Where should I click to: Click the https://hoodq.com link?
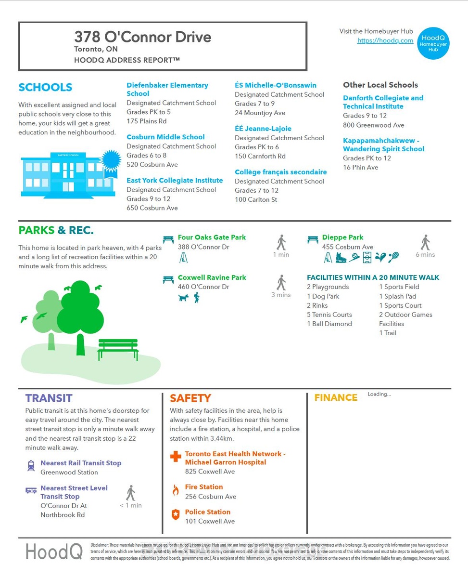pyautogui.click(x=385, y=40)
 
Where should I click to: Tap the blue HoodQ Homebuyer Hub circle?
pyautogui.click(x=433, y=43)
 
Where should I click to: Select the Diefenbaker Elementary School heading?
pyautogui.click(x=167, y=89)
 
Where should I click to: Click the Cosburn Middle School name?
pyautogui.click(x=165, y=137)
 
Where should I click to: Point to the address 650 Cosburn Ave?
pyautogui.click(x=152, y=208)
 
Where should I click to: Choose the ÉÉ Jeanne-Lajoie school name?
pyautogui.click(x=263, y=129)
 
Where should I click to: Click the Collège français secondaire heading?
pyautogui.click(x=280, y=172)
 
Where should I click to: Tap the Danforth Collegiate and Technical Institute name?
pyautogui.click(x=383, y=102)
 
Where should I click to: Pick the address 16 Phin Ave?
pyautogui.click(x=360, y=168)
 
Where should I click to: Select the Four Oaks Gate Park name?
pyautogui.click(x=212, y=237)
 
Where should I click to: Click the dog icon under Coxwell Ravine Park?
pyautogui.click(x=183, y=298)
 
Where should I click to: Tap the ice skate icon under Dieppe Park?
pyautogui.click(x=341, y=257)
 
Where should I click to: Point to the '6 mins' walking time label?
pyautogui.click(x=425, y=255)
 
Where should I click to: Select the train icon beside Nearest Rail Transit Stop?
pyautogui.click(x=31, y=466)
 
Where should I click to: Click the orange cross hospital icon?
pyautogui.click(x=176, y=456)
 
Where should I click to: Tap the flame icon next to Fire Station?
pyautogui.click(x=176, y=490)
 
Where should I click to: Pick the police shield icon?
pyautogui.click(x=176, y=514)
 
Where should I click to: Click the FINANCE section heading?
pyautogui.click(x=336, y=398)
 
